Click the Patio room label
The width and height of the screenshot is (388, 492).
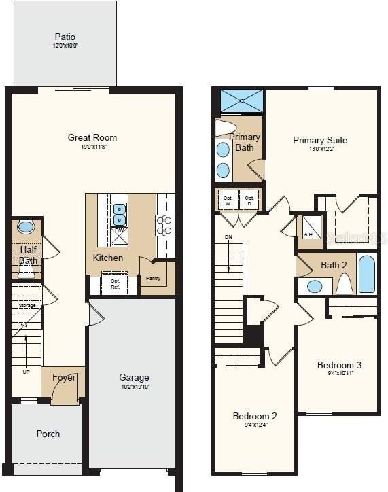65,37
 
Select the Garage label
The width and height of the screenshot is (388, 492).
134,378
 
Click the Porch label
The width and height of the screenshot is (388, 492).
48,434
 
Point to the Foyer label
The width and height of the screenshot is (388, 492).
63,378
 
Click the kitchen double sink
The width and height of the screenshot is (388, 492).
119,213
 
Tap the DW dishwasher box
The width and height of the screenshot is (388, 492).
119,232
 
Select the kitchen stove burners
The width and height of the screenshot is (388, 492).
164,225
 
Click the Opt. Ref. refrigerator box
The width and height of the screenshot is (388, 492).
115,283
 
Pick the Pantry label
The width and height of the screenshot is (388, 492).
152,278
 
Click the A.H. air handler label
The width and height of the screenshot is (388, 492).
308,235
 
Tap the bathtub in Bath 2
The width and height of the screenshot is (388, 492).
366,274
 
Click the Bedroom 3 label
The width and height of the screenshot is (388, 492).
339,366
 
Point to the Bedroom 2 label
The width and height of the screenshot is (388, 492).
254,416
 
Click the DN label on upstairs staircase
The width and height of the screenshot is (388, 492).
228,237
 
